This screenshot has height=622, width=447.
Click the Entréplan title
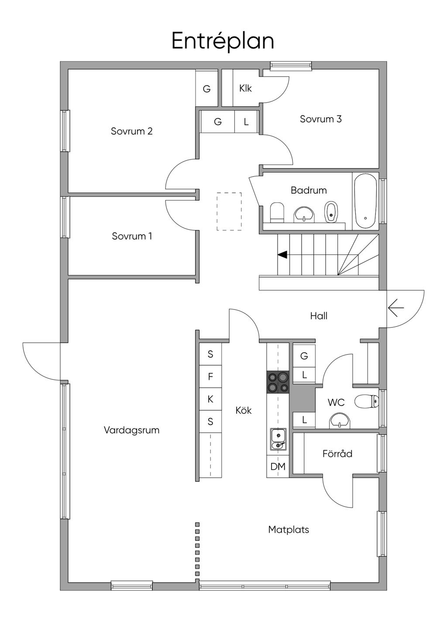tap(223, 41)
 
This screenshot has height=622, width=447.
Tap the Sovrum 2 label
tap(132, 131)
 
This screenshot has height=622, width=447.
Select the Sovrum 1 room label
tap(132, 236)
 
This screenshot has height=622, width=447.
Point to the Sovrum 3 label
tap(320, 119)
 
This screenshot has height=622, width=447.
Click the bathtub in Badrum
tap(365, 201)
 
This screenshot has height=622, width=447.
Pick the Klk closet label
tap(245, 88)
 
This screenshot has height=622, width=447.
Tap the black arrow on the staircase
tap(282, 254)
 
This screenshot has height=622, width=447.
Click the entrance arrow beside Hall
tap(396, 308)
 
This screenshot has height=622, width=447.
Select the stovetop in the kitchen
tap(278, 382)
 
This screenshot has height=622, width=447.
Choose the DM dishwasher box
tap(278, 466)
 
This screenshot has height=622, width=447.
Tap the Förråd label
tap(337, 453)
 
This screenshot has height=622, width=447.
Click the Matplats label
tap(289, 530)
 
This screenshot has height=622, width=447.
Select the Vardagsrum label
tap(132, 430)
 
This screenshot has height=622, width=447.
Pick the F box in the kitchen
tap(210, 377)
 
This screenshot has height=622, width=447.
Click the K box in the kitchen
tap(210, 399)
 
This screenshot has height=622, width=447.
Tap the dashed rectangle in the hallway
tap(229, 211)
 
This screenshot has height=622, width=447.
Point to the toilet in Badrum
tap(277, 212)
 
